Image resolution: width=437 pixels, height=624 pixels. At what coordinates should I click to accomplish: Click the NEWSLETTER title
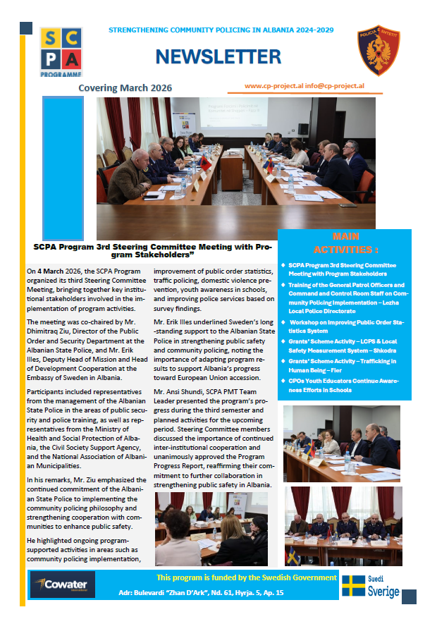(x=218, y=56)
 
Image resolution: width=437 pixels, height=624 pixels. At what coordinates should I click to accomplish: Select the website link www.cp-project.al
(x=271, y=85)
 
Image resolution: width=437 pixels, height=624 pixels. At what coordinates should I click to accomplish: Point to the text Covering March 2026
(x=125, y=88)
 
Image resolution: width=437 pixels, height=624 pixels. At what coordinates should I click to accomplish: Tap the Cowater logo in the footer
(x=61, y=584)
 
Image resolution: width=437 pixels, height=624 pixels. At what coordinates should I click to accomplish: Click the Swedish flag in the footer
(x=353, y=585)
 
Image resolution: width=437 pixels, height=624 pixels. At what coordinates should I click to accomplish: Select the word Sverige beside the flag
(x=383, y=592)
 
